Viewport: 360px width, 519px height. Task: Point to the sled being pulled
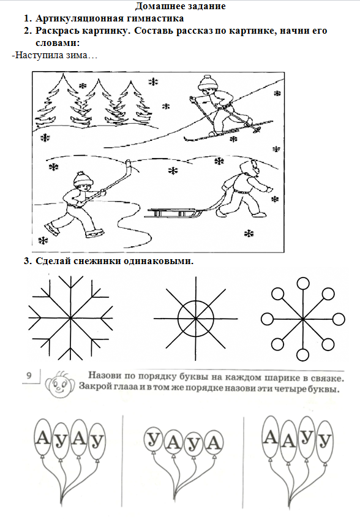[x=173, y=213]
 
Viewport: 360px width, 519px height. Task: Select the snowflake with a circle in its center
[x=196, y=319]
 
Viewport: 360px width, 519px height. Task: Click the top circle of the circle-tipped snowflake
[x=303, y=284]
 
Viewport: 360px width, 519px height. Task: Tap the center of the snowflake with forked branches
[x=70, y=319]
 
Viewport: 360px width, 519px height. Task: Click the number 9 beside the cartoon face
[x=29, y=375]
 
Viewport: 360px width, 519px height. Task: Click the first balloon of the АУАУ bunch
[x=42, y=438]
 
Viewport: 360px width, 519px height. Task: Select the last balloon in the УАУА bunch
[x=214, y=442]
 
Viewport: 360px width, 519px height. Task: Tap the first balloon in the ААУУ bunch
[x=271, y=437]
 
